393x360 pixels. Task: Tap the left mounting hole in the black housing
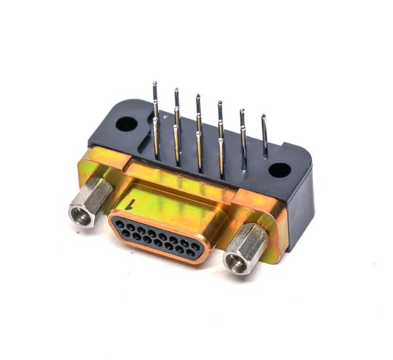click(x=126, y=124)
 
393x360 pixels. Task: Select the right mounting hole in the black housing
click(x=280, y=170)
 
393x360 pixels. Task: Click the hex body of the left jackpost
click(x=95, y=194)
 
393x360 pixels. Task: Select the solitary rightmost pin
click(x=265, y=137)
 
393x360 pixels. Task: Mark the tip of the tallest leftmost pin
click(x=155, y=83)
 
